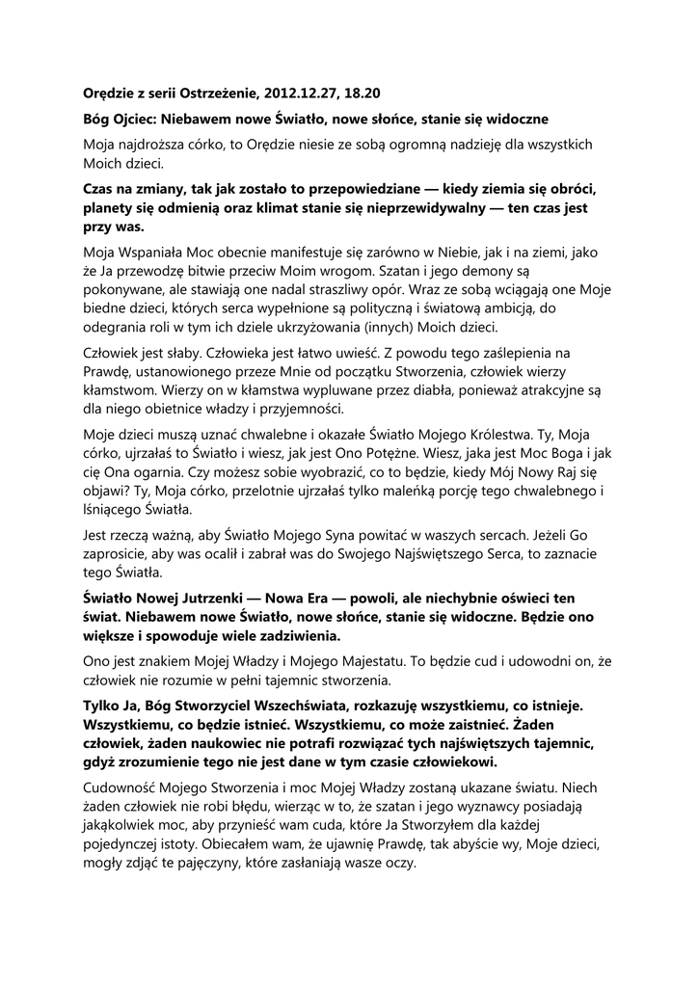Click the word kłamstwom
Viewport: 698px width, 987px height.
[x=121, y=393]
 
